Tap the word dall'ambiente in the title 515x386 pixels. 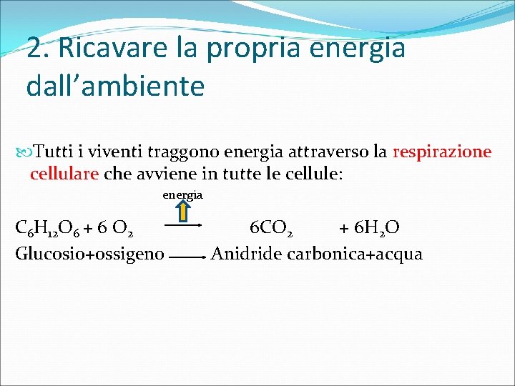pos(115,86)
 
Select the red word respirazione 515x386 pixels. pos(441,152)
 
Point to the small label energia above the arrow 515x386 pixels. pos(182,194)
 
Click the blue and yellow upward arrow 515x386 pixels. pos(183,211)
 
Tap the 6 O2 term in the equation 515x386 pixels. pos(114,229)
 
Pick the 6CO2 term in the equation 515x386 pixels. pos(270,229)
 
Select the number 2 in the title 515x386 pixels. pos(33,48)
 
